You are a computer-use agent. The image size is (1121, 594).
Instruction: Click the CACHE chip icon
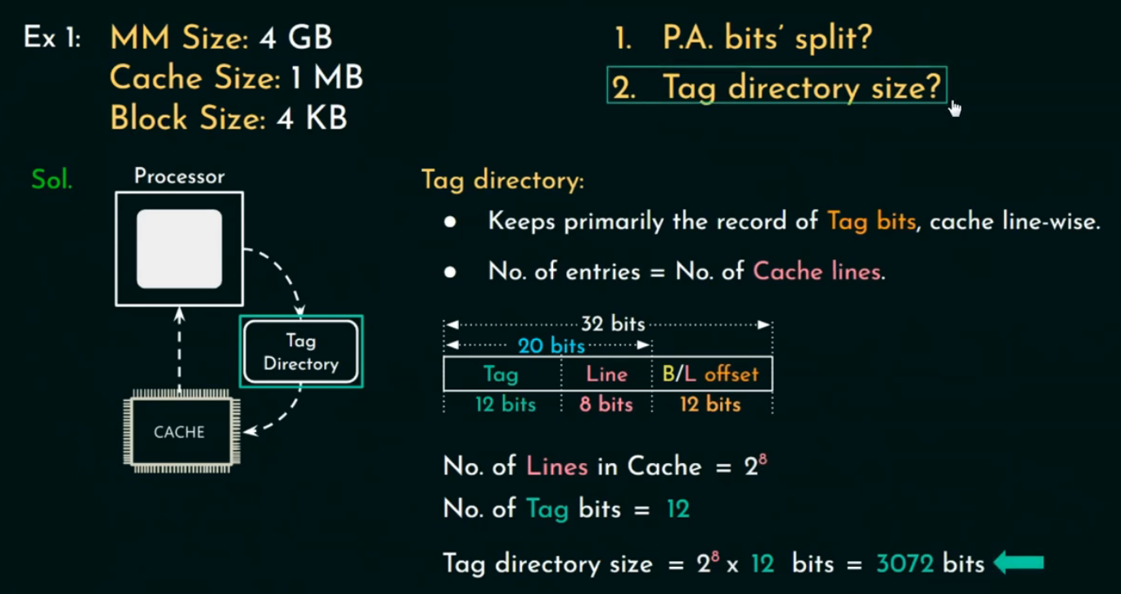(179, 432)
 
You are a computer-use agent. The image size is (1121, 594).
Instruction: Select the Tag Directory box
(300, 352)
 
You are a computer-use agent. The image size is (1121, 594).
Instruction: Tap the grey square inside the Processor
(179, 249)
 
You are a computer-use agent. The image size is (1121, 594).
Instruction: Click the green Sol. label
(52, 179)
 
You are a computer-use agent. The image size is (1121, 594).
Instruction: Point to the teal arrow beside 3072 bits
(1019, 563)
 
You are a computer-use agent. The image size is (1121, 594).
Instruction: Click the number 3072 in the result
(905, 564)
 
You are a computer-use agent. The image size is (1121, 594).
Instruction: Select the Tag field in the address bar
(501, 374)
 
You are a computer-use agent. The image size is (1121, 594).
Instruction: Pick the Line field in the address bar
(606, 374)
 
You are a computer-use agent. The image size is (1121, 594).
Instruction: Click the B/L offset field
(710, 374)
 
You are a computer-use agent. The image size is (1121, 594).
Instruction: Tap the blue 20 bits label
(551, 345)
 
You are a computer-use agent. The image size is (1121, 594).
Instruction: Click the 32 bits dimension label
(613, 324)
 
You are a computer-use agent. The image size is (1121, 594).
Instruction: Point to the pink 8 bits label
(606, 404)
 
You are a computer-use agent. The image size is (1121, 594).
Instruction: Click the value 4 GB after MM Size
(295, 38)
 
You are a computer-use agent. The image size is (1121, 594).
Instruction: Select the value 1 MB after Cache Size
(326, 78)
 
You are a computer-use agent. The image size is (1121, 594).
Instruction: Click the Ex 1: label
(52, 38)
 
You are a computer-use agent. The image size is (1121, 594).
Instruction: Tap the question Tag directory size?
(801, 86)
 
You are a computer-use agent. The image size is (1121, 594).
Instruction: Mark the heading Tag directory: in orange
(502, 179)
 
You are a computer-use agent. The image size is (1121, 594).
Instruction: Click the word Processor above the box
(179, 176)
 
